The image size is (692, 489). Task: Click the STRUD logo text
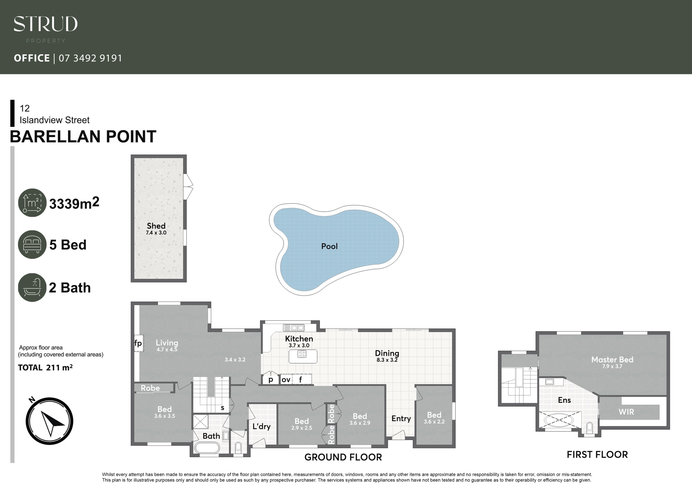[x=45, y=24]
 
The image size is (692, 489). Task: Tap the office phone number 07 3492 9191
[x=90, y=58]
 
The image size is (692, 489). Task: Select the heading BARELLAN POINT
[x=83, y=136]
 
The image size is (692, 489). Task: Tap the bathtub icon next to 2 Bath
[x=32, y=288]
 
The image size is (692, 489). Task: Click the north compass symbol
[x=49, y=421]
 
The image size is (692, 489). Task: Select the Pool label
[x=330, y=246]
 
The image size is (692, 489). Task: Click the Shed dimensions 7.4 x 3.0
[x=156, y=233]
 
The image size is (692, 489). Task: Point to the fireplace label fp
[x=138, y=343]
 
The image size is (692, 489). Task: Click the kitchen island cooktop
[x=302, y=354]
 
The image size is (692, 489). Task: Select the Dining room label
[x=387, y=353]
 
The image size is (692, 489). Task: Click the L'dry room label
[x=262, y=426]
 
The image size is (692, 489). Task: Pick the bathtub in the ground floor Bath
[x=207, y=448]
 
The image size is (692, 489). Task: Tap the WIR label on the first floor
[x=626, y=412]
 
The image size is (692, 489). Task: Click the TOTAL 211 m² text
[x=45, y=368]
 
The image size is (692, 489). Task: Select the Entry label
[x=401, y=418]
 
